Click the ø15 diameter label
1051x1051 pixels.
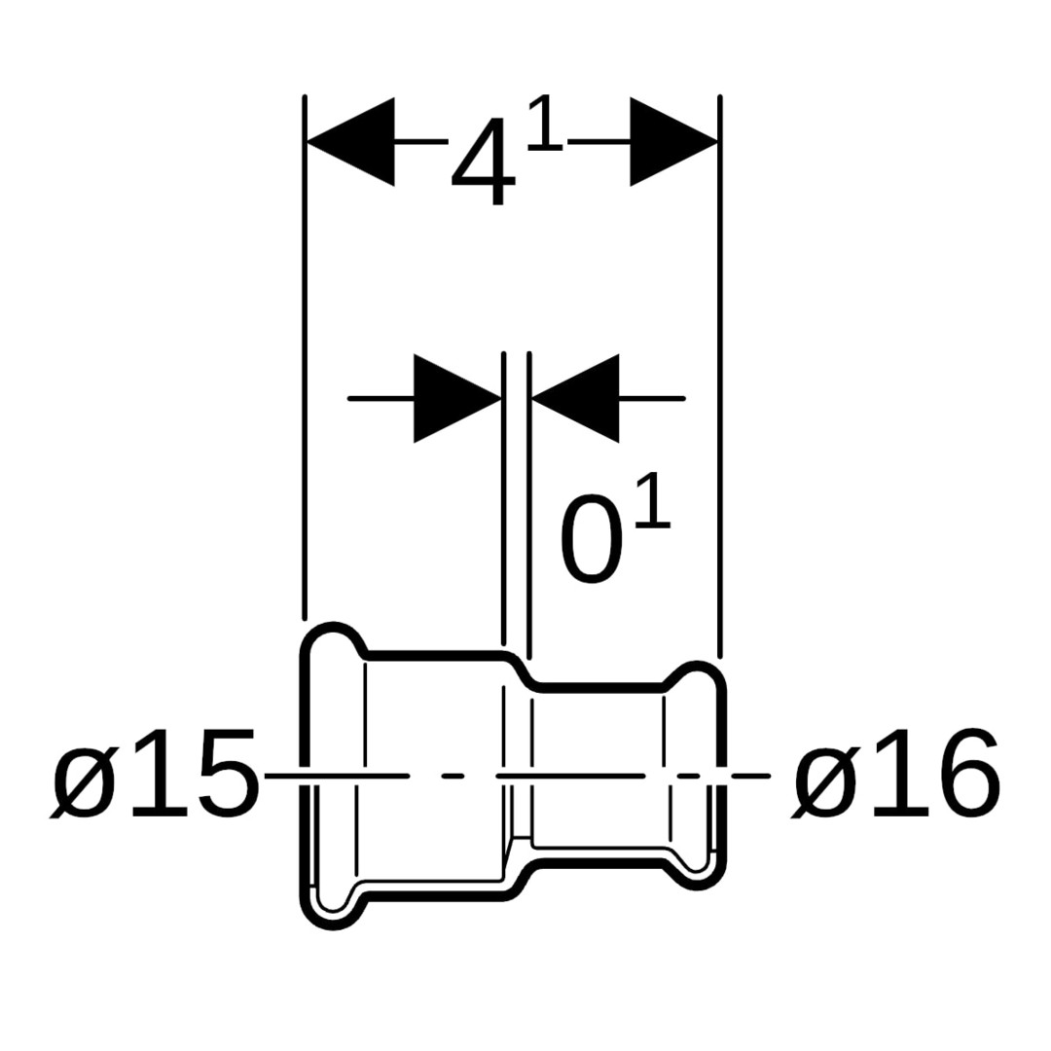[154, 776]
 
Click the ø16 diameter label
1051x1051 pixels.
[895, 776]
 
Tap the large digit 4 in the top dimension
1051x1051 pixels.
[484, 163]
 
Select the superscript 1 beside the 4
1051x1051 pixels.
[545, 124]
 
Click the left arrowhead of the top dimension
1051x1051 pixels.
[350, 141]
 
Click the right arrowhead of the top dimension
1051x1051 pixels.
[673, 141]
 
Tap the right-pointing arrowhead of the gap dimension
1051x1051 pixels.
[457, 398]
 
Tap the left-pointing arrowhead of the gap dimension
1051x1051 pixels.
[575, 398]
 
